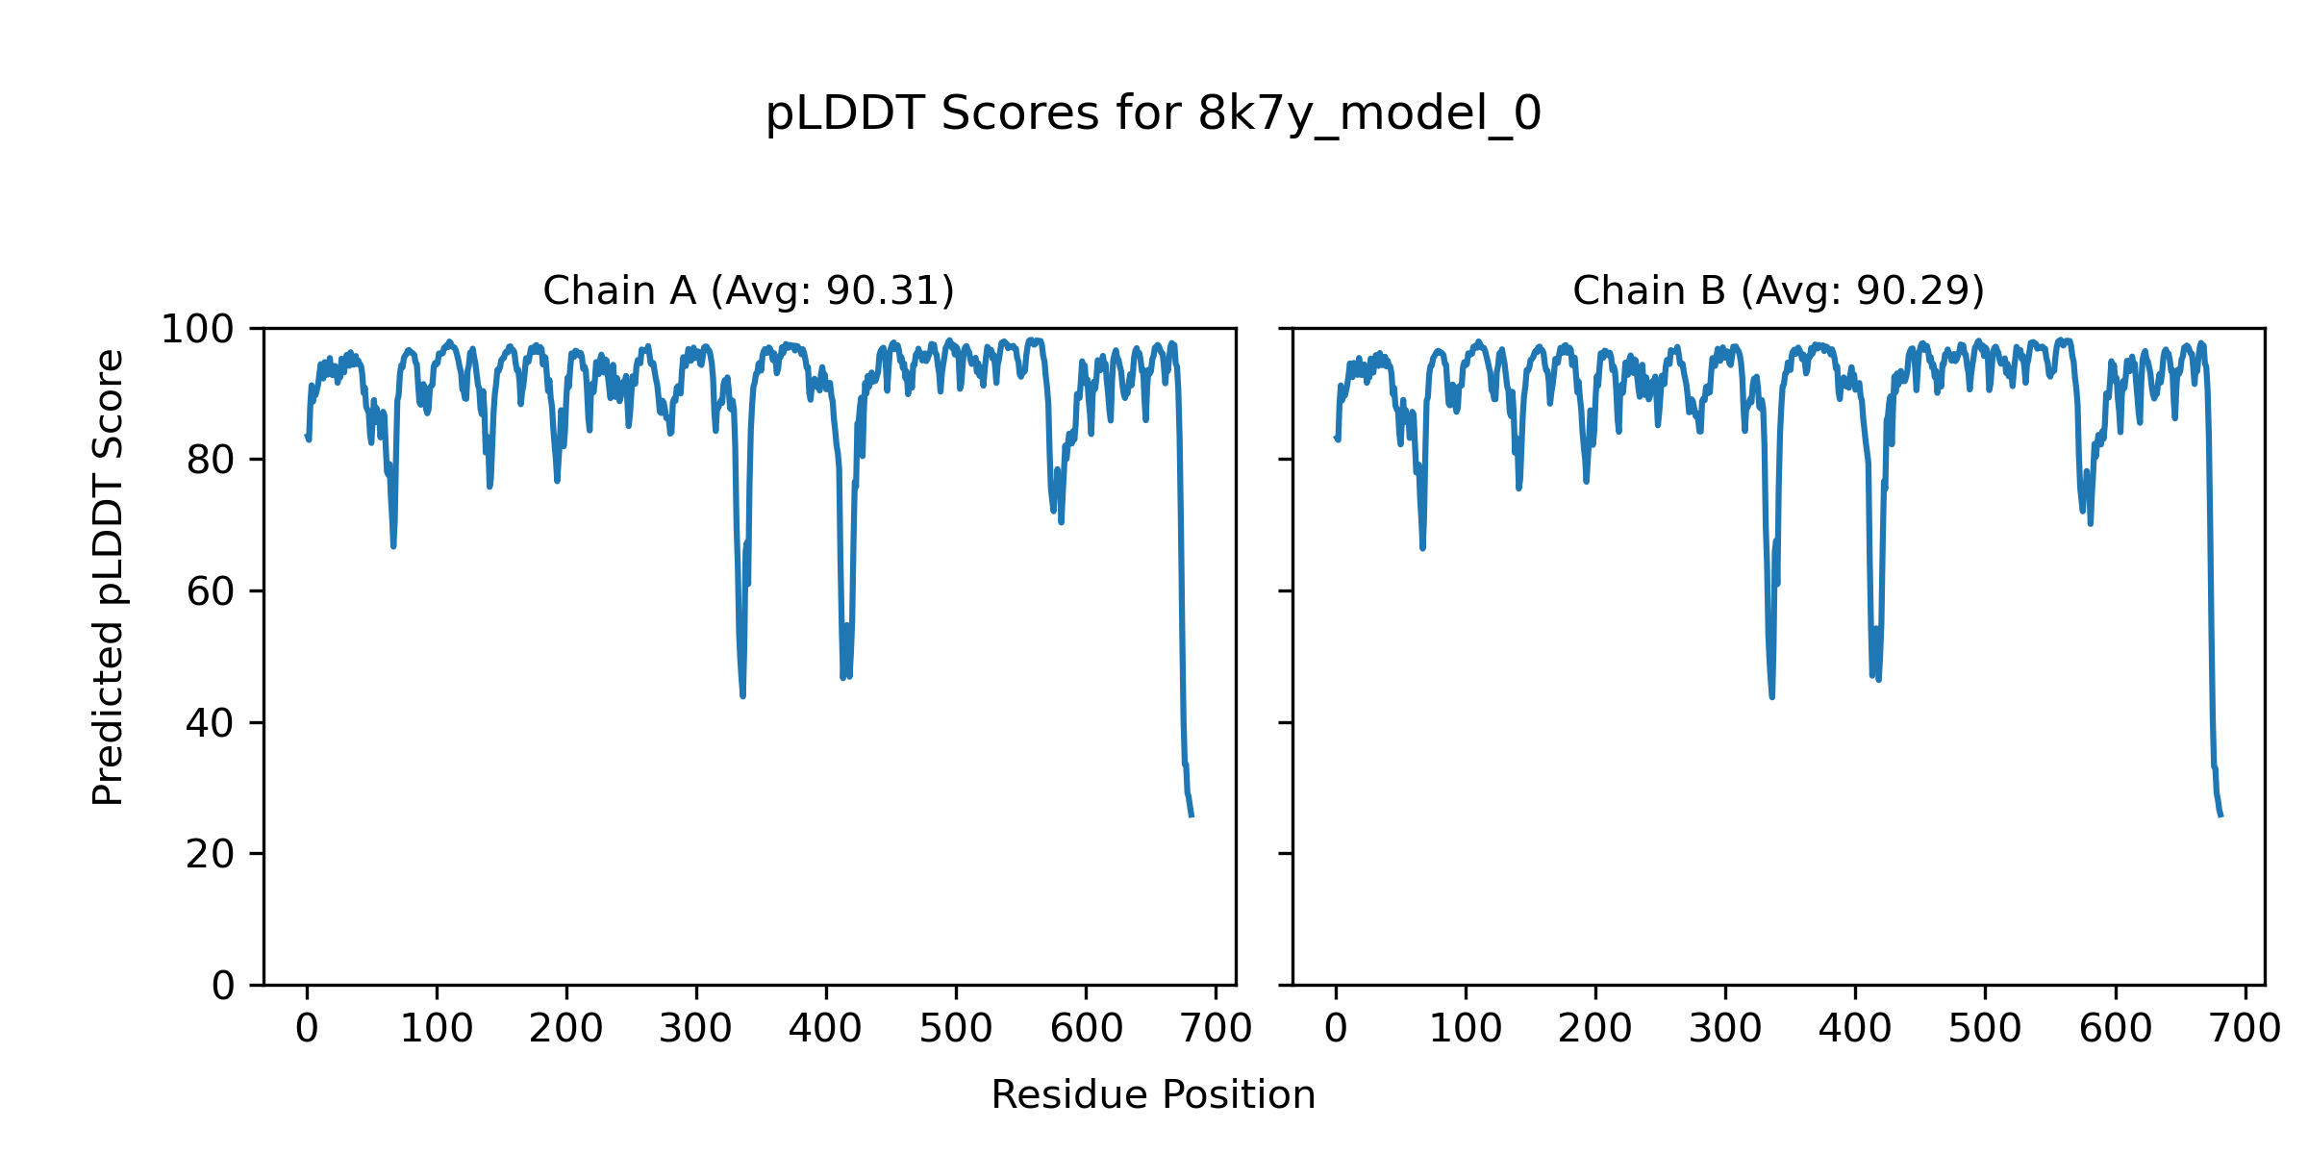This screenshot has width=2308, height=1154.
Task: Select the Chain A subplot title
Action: click(x=748, y=290)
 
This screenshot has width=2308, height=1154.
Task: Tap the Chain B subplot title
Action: click(x=1778, y=290)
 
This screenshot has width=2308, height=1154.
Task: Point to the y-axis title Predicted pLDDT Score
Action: click(x=108, y=577)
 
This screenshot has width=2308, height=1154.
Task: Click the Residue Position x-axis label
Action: click(x=1153, y=1094)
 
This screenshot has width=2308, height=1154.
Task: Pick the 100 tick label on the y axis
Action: click(x=197, y=330)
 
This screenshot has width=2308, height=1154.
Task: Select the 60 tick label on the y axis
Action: click(x=211, y=592)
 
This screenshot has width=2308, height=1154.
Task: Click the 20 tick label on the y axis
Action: click(x=211, y=854)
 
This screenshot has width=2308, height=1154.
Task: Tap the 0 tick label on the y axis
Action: click(x=223, y=986)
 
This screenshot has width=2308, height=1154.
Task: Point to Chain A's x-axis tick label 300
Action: click(x=695, y=1029)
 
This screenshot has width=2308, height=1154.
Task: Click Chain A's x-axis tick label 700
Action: click(x=1216, y=1029)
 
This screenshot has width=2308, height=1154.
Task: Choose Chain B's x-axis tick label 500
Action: click(x=1985, y=1029)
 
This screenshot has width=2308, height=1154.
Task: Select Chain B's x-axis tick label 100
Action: click(x=1466, y=1029)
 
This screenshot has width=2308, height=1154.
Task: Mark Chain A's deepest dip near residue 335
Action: click(x=742, y=694)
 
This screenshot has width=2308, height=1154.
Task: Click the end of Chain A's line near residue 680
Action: click(x=1192, y=815)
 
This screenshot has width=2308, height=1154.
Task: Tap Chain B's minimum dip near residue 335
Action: click(x=1771, y=696)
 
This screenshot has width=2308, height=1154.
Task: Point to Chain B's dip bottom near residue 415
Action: click(x=1877, y=679)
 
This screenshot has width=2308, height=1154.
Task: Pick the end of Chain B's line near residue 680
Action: click(x=2220, y=815)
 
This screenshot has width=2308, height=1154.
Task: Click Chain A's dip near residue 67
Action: click(x=393, y=545)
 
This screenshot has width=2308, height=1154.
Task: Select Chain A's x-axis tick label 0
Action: click(x=307, y=1029)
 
